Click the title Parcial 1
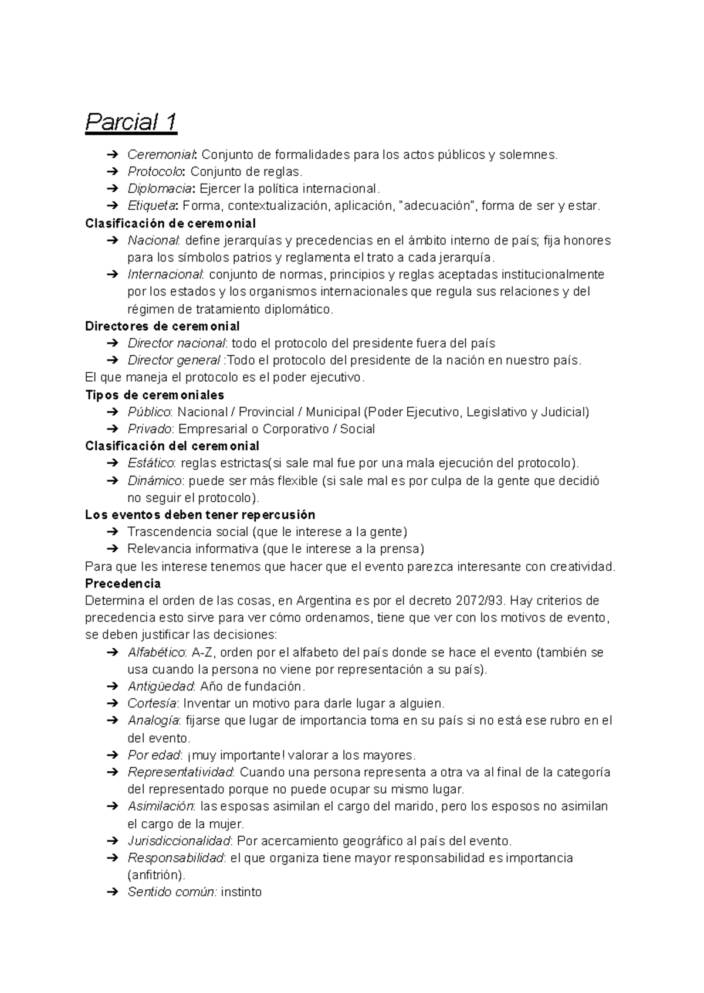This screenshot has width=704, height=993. point(131,123)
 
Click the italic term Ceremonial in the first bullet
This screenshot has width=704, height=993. point(163,155)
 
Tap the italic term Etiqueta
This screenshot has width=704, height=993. point(152,206)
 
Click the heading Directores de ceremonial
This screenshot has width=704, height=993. point(163,326)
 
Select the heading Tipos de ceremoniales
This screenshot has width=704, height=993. point(155,395)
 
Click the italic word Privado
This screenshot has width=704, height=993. point(150,429)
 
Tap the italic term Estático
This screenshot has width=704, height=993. point(151,463)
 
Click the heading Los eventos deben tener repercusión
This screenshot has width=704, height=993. point(200,515)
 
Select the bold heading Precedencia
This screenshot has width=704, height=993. point(123,584)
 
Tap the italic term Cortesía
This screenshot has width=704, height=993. point(152,703)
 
